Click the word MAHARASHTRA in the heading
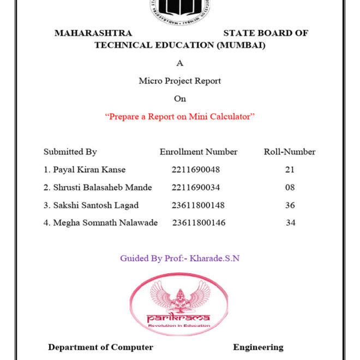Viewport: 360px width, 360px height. tap(93, 33)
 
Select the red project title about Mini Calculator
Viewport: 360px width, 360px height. tap(180, 116)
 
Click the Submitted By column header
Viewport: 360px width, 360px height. tap(70, 152)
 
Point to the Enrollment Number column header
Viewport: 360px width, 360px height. tap(199, 152)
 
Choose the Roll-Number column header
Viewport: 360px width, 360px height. tap(290, 152)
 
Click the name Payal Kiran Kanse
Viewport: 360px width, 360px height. tap(85, 170)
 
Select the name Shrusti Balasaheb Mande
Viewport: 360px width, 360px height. tap(98, 187)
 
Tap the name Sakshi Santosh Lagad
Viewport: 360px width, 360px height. tap(91, 205)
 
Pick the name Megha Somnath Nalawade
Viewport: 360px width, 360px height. tap(101, 223)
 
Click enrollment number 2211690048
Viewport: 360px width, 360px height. tap(196, 170)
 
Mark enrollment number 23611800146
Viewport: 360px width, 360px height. tap(199, 223)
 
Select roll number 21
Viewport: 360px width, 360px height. tap(290, 170)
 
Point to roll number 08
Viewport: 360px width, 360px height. tap(290, 187)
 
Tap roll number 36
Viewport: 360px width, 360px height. tap(290, 205)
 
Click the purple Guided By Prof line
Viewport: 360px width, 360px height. tap(180, 258)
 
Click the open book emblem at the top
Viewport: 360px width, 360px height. tap(180, 8)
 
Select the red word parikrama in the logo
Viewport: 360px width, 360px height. tap(178, 317)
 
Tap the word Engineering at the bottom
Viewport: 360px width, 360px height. tap(258, 347)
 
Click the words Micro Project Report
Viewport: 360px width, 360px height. tap(180, 81)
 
